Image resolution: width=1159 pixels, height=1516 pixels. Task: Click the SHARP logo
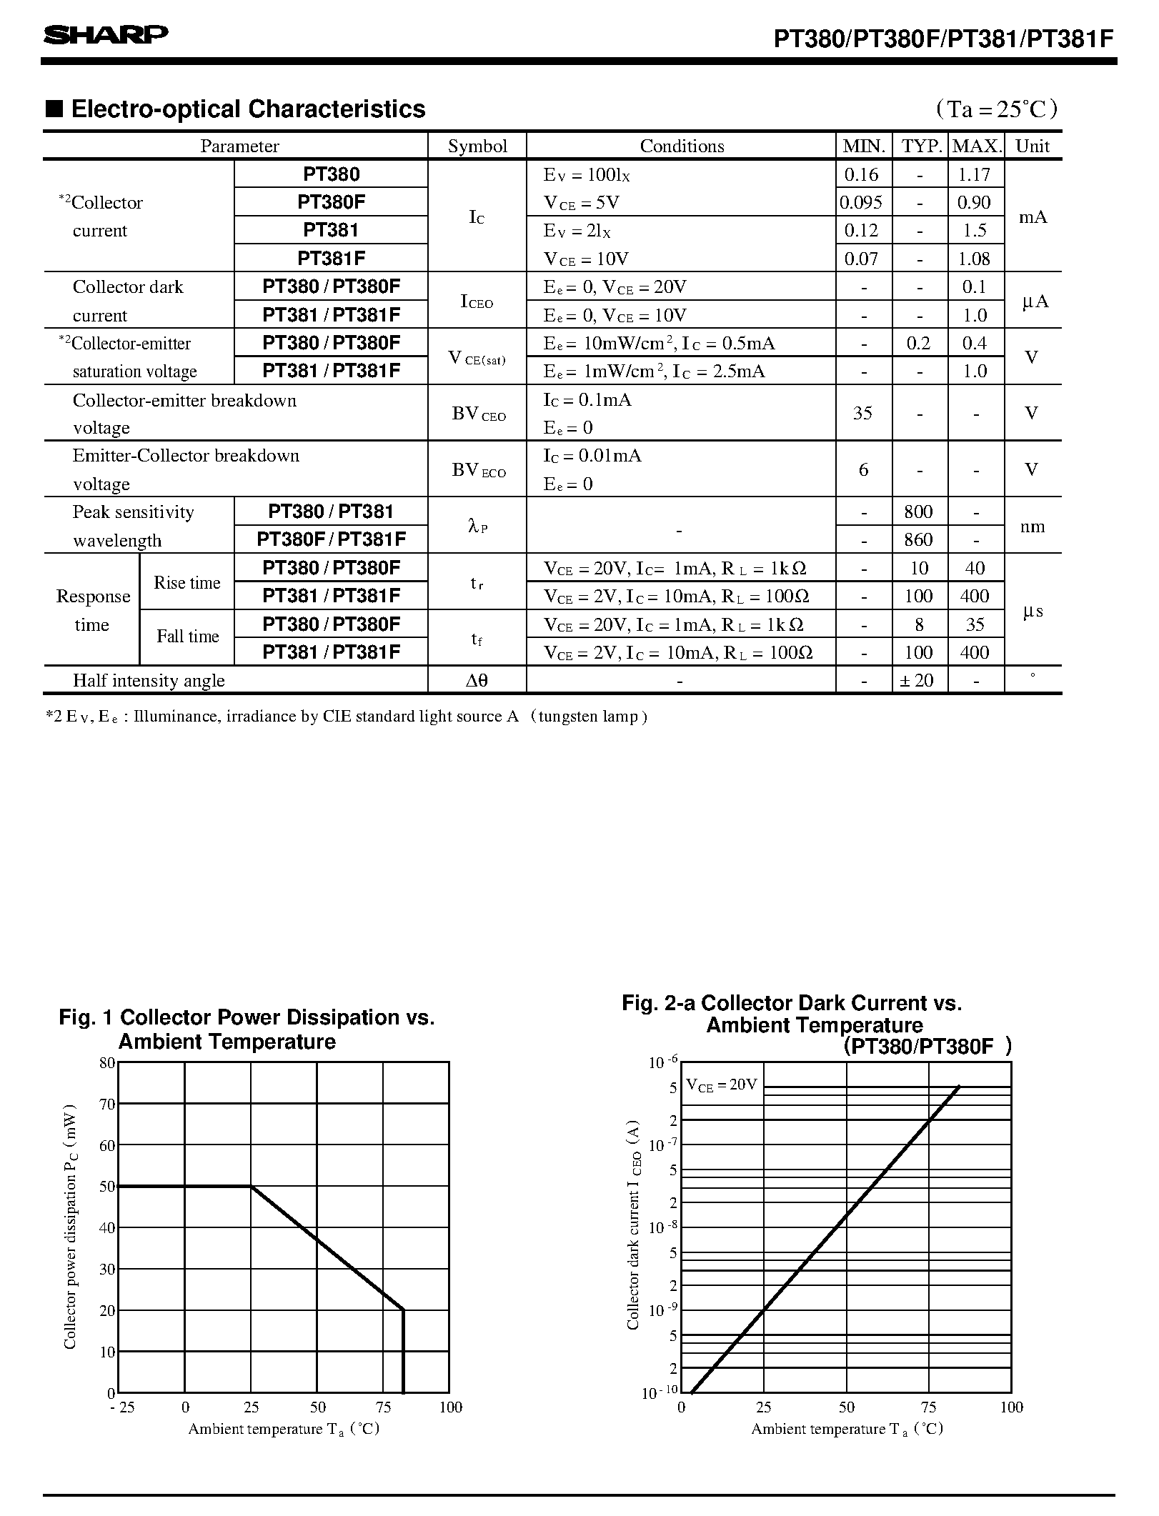point(106,35)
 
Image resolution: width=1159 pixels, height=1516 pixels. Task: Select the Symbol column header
point(477,146)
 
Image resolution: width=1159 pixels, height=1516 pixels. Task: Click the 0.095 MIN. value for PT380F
point(861,203)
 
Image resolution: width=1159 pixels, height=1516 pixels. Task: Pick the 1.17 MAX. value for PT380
point(975,174)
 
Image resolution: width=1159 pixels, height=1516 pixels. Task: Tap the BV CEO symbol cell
point(478,414)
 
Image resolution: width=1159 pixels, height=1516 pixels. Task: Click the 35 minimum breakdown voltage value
point(862,414)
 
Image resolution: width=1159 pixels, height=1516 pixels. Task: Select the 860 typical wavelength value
point(918,540)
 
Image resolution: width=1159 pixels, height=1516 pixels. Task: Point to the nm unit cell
point(1032,527)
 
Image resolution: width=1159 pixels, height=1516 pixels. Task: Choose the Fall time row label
point(187,637)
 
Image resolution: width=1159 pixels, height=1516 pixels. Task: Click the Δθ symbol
point(477,681)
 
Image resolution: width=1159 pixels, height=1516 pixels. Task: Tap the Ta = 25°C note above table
point(998,109)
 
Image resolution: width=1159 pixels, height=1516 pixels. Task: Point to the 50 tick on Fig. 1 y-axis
point(107,1187)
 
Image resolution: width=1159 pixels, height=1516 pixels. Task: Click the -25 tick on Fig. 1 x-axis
point(121,1407)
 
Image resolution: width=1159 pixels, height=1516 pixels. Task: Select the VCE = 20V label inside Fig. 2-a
point(721,1084)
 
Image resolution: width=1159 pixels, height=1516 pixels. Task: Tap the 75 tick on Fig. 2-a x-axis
point(928,1407)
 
